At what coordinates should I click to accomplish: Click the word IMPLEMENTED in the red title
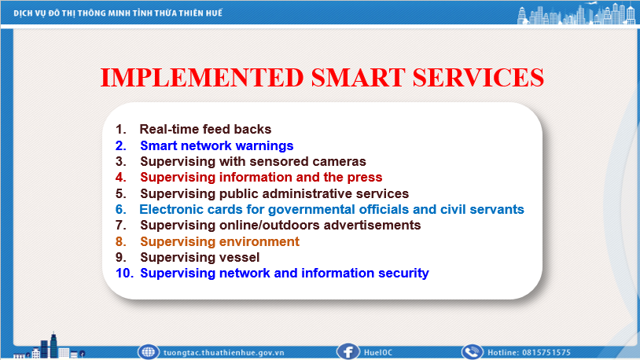pos(202,78)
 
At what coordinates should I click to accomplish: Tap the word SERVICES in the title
pos(478,78)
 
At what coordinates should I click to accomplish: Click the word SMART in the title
pos(358,78)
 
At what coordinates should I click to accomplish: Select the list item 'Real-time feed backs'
pos(205,130)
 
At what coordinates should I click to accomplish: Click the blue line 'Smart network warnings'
pos(217,145)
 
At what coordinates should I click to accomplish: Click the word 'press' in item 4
pos(365,178)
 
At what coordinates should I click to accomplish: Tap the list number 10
pos(124,273)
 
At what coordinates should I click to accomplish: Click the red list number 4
pos(121,178)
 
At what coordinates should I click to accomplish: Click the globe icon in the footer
pos(148,352)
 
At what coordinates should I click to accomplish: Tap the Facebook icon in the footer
pos(348,352)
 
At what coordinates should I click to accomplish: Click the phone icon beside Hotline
pos(473,352)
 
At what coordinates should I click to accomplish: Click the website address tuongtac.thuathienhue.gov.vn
pos(223,353)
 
